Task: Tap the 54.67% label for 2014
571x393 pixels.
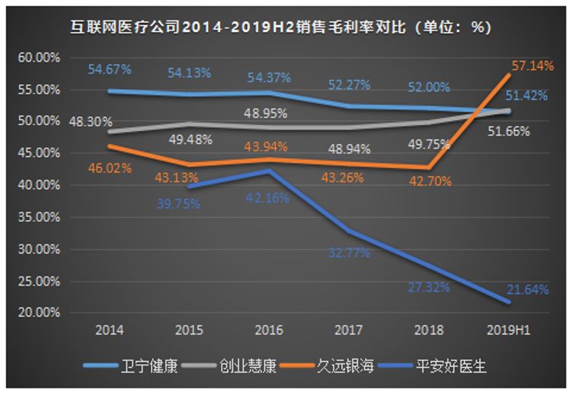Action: point(110,69)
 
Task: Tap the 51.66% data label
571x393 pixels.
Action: point(508,131)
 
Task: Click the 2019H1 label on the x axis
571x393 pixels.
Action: point(509,331)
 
